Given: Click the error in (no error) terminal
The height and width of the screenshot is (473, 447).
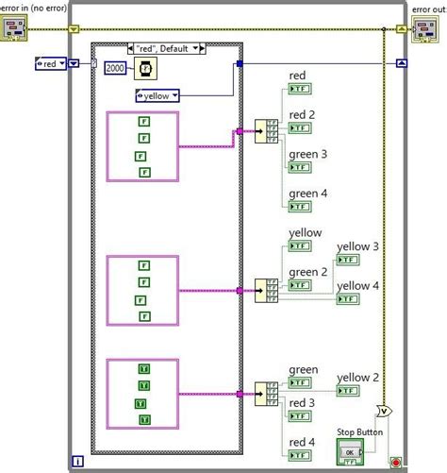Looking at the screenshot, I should [17, 28].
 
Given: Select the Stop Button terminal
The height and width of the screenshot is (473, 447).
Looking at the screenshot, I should [349, 451].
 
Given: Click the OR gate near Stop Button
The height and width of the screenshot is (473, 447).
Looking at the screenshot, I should [383, 411].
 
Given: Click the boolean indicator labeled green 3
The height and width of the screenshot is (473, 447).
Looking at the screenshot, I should [300, 167].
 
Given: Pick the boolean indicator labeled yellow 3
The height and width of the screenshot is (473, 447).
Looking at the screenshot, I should [348, 261].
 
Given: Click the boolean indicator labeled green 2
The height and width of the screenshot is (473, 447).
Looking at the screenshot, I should [300, 286].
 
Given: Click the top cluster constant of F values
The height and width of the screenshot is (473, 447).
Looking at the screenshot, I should [142, 145].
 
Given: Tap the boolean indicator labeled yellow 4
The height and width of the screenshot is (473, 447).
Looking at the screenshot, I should [348, 299].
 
